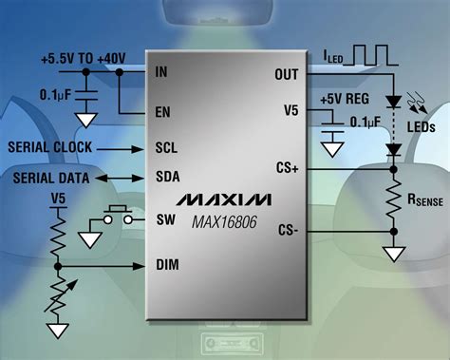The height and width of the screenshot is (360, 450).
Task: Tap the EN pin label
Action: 161,111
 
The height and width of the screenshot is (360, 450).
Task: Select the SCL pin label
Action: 165,148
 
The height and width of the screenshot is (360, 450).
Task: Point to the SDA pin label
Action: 166,177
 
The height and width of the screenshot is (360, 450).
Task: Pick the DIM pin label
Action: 166,264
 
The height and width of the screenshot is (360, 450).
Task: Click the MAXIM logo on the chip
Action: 224,199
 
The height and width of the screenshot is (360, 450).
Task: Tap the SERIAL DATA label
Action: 49,178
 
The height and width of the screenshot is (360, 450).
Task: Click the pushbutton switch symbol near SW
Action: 119,216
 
